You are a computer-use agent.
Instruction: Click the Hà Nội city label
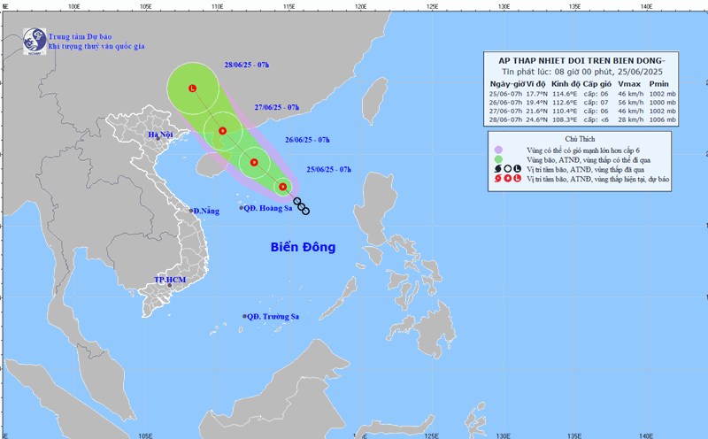(x=161, y=135)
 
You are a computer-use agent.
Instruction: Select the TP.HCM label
(x=170, y=280)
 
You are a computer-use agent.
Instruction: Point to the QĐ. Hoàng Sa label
(x=269, y=208)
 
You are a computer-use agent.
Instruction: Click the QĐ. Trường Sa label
(x=274, y=316)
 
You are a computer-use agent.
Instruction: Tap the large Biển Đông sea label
(x=303, y=248)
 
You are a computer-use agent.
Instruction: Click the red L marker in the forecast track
(x=192, y=88)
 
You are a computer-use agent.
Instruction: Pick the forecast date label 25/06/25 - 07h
(x=328, y=169)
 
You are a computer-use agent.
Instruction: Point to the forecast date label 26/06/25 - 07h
(x=308, y=140)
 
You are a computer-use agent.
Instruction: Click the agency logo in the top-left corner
(x=35, y=40)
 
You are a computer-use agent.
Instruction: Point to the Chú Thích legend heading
(x=581, y=140)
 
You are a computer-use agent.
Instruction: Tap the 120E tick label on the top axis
(x=360, y=5)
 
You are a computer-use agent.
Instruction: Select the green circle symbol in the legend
(x=498, y=159)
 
